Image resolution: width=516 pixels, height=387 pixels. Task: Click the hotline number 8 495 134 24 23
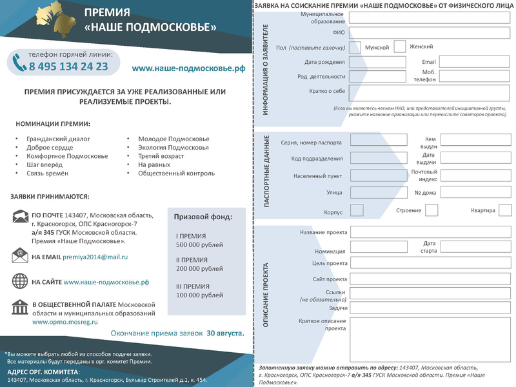tap(68, 66)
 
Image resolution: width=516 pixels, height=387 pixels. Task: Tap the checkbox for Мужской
tap(354, 47)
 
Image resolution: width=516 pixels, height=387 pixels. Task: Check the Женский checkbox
tap(399, 46)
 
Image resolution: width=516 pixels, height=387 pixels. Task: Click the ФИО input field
tap(430, 32)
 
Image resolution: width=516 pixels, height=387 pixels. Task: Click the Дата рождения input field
tap(377, 62)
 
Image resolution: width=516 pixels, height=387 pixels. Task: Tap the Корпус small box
tap(356, 210)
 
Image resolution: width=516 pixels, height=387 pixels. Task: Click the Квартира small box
tap(505, 210)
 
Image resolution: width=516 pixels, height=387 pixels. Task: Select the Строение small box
tap(432, 210)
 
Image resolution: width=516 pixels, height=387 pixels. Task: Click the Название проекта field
tap(430, 232)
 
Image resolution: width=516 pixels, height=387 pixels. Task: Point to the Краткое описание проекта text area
tap(430, 338)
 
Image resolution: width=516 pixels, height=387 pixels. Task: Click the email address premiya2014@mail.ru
tap(95, 257)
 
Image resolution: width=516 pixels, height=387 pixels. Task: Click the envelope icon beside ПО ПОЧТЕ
tap(20, 217)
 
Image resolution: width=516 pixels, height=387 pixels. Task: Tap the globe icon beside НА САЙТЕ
tap(20, 281)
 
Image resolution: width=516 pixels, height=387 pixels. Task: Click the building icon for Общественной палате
tap(20, 306)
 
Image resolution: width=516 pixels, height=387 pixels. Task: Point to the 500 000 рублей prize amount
tap(199, 245)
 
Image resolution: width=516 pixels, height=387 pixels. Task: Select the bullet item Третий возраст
tap(161, 156)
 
